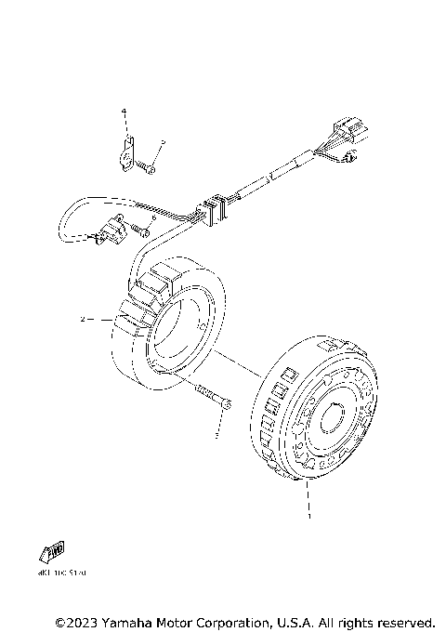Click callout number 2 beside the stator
83,320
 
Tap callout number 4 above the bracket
123,112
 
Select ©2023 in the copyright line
76,621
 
